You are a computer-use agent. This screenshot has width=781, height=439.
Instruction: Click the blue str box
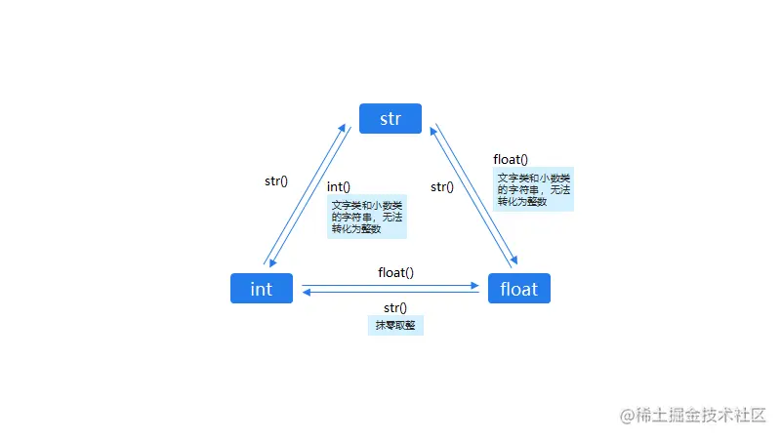coord(390,118)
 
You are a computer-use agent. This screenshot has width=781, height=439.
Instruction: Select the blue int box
coord(262,289)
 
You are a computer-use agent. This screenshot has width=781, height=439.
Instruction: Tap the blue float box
coord(518,289)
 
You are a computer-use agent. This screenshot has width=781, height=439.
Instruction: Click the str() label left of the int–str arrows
coord(276,180)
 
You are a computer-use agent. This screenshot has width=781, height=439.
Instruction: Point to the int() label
coord(339,186)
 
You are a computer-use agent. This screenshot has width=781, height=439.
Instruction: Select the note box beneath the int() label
coord(366,217)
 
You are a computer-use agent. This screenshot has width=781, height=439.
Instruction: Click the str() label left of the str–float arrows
coord(442,186)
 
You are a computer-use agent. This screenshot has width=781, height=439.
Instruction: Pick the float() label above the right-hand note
coord(511,159)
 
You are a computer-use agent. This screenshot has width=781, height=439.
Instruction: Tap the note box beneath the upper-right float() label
coord(533,189)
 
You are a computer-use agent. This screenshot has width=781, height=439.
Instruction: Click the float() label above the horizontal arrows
coord(395,272)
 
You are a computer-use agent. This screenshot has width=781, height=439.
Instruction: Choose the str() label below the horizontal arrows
coord(395,308)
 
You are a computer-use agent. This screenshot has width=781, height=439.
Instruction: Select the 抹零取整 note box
coord(395,326)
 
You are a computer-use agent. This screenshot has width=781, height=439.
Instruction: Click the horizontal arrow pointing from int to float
coord(390,286)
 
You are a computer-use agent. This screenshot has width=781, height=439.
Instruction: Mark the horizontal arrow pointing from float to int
coord(390,292)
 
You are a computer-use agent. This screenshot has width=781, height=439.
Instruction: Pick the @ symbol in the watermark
coord(630,416)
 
